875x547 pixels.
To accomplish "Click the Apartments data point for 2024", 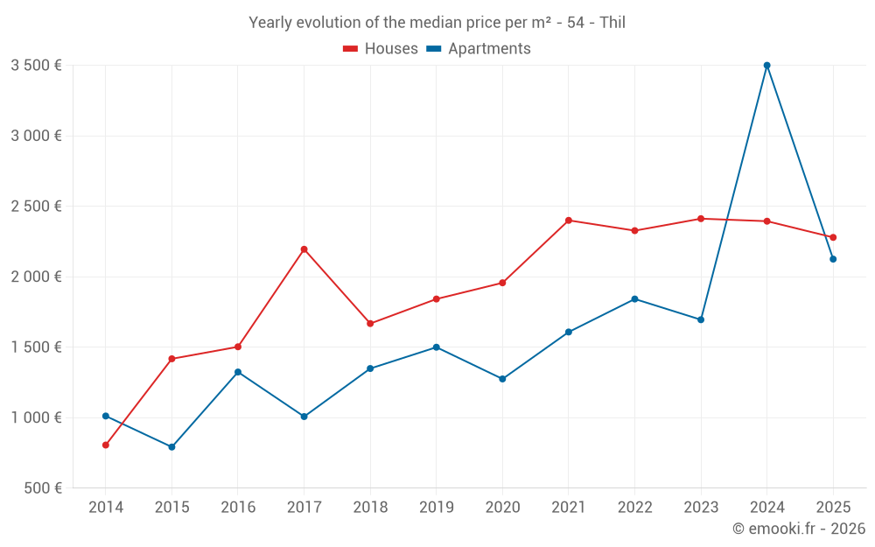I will pyautogui.click(x=766, y=66).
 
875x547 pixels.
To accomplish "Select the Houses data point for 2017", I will pyautogui.click(x=304, y=249).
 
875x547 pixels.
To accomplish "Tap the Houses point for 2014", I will pyautogui.click(x=106, y=445).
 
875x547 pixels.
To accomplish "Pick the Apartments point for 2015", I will pyautogui.click(x=171, y=447).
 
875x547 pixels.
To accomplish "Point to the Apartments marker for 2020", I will pyautogui.click(x=502, y=379).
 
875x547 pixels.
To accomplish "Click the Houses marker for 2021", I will pyautogui.click(x=569, y=221).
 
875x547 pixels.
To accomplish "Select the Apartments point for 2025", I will pyautogui.click(x=833, y=259).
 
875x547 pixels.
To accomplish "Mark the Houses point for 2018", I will pyautogui.click(x=370, y=324).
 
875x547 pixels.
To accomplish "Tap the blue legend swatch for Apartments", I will pyautogui.click(x=434, y=49).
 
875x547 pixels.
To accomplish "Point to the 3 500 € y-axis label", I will pyautogui.click(x=36, y=66).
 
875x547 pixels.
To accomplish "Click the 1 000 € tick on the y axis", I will pyautogui.click(x=36, y=417).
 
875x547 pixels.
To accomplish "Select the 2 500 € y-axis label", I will pyautogui.click(x=36, y=207).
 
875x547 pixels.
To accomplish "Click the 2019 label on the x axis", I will pyautogui.click(x=436, y=507).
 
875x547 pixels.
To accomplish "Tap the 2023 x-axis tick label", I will pyautogui.click(x=701, y=507).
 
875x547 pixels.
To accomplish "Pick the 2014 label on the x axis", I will pyautogui.click(x=106, y=507).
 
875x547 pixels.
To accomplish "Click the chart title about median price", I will pyautogui.click(x=437, y=23).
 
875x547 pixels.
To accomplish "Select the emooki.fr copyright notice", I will pyautogui.click(x=799, y=529).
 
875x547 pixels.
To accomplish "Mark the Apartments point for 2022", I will pyautogui.click(x=634, y=299).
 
